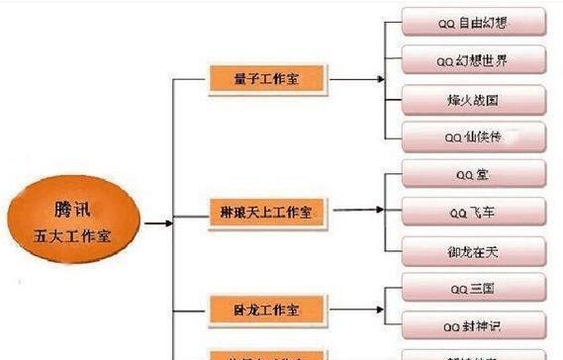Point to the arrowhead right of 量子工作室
[380, 80]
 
